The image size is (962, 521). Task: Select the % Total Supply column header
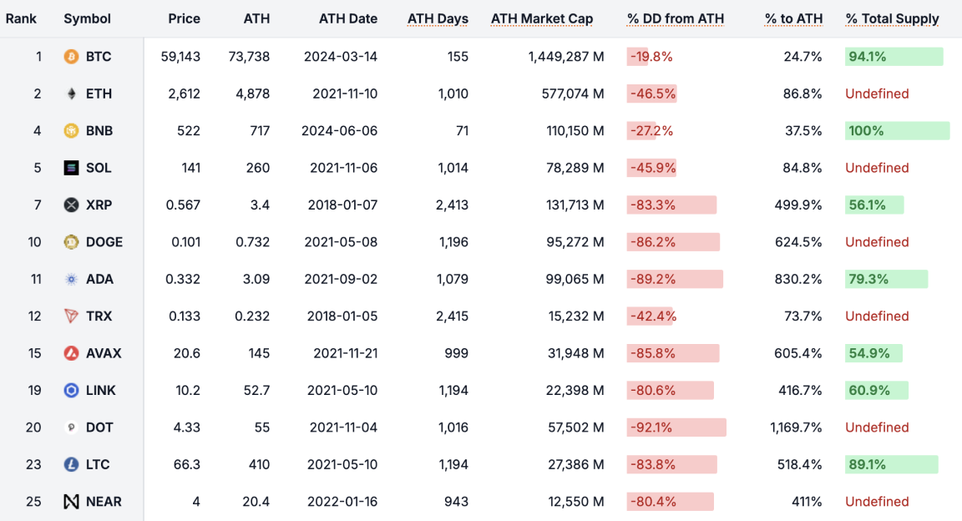[892, 18]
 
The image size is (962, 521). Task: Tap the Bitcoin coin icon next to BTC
[72, 57]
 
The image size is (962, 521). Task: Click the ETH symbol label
[99, 94]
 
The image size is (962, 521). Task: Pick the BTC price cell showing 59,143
[180, 57]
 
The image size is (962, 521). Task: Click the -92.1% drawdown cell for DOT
[651, 427]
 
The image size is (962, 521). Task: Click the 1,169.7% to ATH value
[796, 427]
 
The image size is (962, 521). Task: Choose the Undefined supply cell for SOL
[877, 168]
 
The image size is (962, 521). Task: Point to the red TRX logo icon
[72, 316]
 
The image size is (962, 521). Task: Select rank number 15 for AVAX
[34, 353]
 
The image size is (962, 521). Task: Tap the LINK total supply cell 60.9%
[868, 390]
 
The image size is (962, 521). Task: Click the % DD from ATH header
[675, 18]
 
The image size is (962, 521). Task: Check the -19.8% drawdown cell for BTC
[651, 57]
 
